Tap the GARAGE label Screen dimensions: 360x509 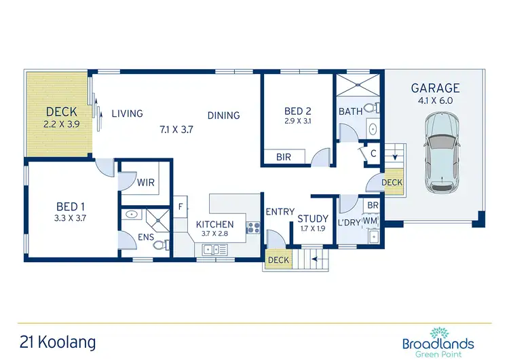tap(435, 88)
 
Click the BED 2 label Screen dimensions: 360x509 tap(298, 111)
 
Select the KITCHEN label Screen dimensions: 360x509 tap(214, 224)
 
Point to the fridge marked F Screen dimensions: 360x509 tap(181, 206)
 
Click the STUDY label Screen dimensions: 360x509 tap(312, 218)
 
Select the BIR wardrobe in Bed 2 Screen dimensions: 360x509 tap(284, 157)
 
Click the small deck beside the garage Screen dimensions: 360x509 tap(392, 183)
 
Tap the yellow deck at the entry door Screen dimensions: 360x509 tap(278, 259)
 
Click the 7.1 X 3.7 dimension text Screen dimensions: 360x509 tap(176, 129)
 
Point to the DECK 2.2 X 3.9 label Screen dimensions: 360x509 tap(60, 117)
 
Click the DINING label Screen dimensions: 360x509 tap(223, 115)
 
